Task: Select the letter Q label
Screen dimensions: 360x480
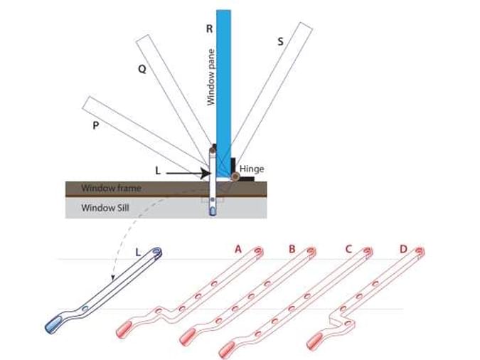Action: (142, 70)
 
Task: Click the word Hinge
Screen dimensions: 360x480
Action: (252, 169)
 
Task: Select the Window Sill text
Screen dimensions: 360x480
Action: (103, 207)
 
